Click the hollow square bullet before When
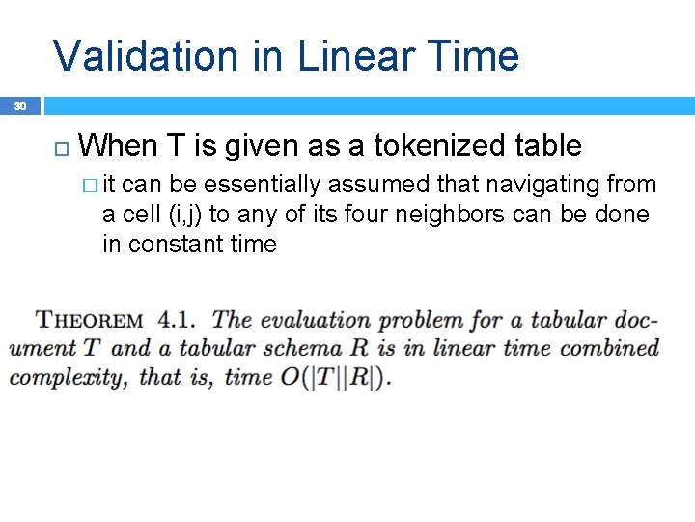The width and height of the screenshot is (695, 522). point(61,147)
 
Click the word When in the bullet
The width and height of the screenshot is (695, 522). point(121,146)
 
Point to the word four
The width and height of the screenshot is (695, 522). point(360,215)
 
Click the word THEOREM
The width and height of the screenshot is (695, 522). point(89,320)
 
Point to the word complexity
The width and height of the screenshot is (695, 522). point(67,377)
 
